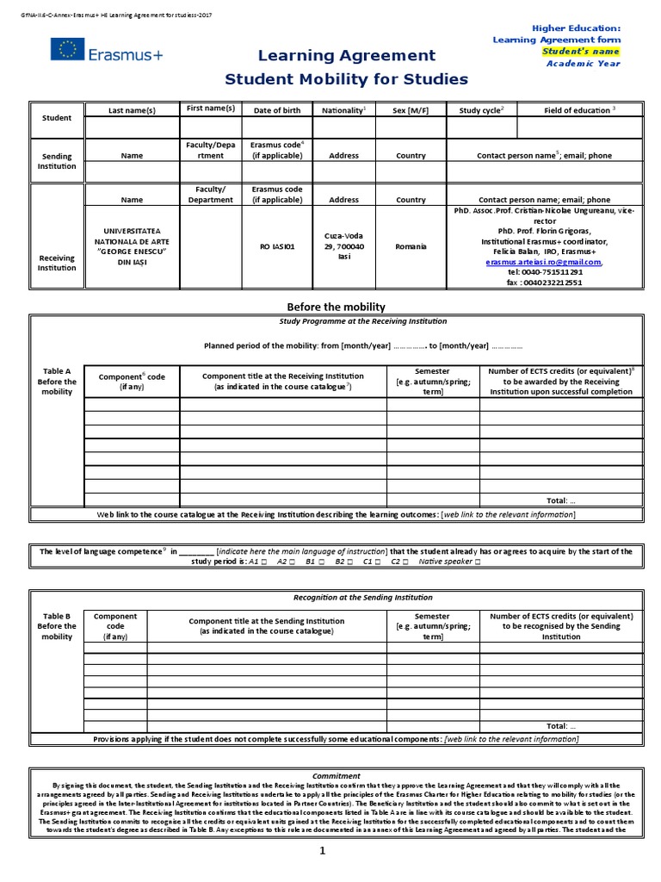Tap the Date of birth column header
coord(277,110)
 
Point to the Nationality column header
coord(343,110)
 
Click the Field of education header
coord(580,110)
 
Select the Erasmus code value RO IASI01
coord(277,246)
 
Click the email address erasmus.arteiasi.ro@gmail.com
coord(543,262)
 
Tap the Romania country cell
coord(411,246)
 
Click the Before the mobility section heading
coord(335,307)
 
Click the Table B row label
coord(57,626)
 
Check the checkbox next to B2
coord(354,562)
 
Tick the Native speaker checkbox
coord(478,562)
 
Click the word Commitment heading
coord(336,775)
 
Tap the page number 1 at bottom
coord(323,851)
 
